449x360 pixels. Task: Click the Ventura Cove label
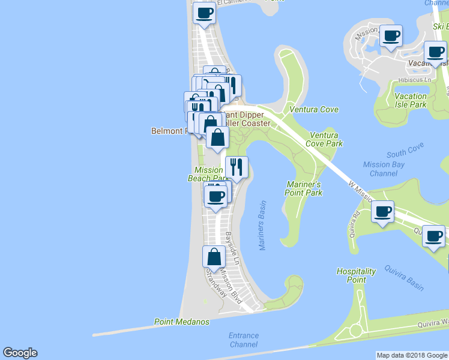[314, 109]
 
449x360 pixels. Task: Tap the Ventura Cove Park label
[324, 140]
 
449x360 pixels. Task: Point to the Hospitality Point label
[356, 275]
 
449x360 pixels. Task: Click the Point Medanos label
[182, 322]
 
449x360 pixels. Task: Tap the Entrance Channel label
[244, 340]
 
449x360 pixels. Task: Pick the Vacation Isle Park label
[411, 100]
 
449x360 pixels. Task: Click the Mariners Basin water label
[262, 226]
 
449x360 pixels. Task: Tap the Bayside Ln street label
[232, 248]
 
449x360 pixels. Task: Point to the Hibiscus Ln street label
[414, 80]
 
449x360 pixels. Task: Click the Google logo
[20, 353]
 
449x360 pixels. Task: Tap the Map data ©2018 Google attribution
[412, 355]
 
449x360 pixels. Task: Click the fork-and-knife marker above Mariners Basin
[237, 166]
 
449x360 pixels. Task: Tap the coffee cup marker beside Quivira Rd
[382, 211]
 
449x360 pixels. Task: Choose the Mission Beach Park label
[208, 174]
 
